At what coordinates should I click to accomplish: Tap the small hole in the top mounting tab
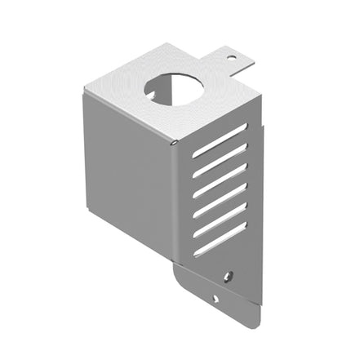click(231, 58)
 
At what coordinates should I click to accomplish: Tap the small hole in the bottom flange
click(216, 297)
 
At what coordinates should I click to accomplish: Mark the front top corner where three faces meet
click(174, 142)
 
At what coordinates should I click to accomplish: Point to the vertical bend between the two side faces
click(174, 204)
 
